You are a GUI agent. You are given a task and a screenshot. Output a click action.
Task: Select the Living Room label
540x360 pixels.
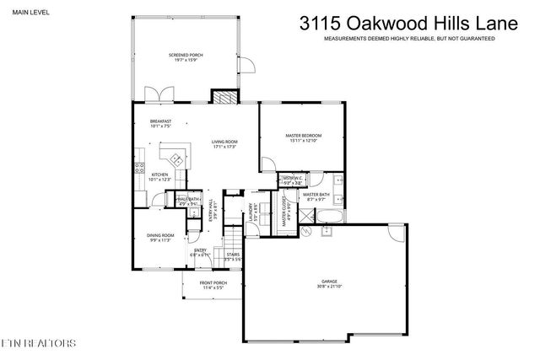(x=224, y=144)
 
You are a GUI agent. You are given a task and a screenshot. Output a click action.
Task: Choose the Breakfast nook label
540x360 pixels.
(x=160, y=124)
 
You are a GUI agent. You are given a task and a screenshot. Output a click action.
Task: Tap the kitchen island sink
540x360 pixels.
(x=175, y=158)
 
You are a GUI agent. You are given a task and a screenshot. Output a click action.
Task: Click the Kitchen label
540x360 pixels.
(x=159, y=177)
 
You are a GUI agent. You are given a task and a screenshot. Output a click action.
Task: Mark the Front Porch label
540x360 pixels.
(x=212, y=285)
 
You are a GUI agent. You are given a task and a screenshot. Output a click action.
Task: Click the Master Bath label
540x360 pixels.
(x=316, y=196)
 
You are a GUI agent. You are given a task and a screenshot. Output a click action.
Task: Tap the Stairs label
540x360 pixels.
(x=233, y=256)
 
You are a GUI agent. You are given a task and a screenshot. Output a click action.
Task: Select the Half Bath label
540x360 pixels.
(x=186, y=201)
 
